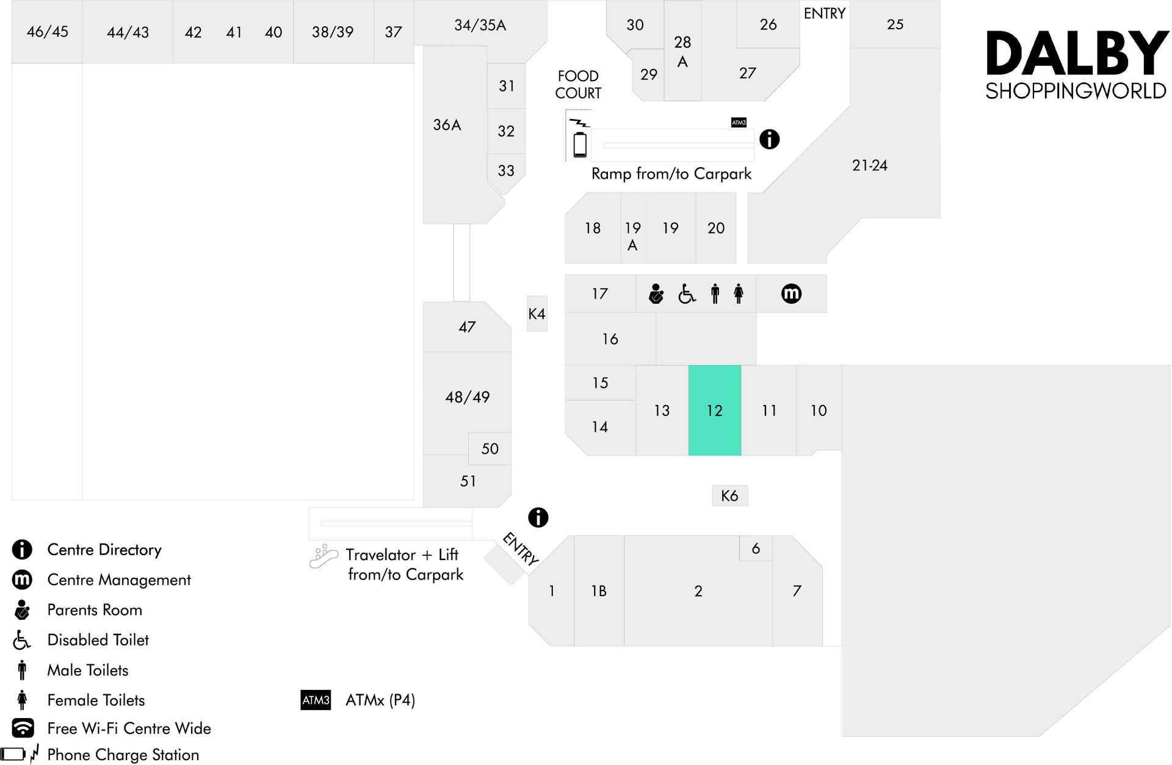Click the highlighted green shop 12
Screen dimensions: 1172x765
pyautogui.click(x=714, y=411)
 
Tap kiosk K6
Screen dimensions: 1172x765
pyautogui.click(x=729, y=495)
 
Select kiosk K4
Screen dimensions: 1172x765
pyautogui.click(x=537, y=314)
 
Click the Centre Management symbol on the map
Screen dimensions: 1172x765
pyautogui.click(x=791, y=293)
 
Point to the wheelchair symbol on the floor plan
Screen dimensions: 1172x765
pyautogui.click(x=687, y=294)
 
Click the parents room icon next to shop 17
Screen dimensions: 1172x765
pyautogui.click(x=656, y=294)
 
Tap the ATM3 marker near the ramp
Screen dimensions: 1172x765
pyautogui.click(x=739, y=123)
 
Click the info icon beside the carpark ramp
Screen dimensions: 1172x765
pyautogui.click(x=769, y=139)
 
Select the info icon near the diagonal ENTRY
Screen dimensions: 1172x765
pyautogui.click(x=538, y=517)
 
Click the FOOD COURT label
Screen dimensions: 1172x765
pyautogui.click(x=578, y=84)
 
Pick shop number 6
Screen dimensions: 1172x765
pyautogui.click(x=756, y=548)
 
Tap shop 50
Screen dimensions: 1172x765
pyautogui.click(x=490, y=448)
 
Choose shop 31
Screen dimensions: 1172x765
pyautogui.click(x=506, y=86)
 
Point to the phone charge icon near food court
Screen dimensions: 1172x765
pyautogui.click(x=579, y=138)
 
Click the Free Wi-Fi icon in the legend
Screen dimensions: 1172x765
pyautogui.click(x=23, y=728)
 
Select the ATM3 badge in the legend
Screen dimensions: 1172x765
pyautogui.click(x=316, y=700)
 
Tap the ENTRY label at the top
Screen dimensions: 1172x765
pyautogui.click(x=824, y=13)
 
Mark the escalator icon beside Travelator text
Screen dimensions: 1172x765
pyautogui.click(x=324, y=556)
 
